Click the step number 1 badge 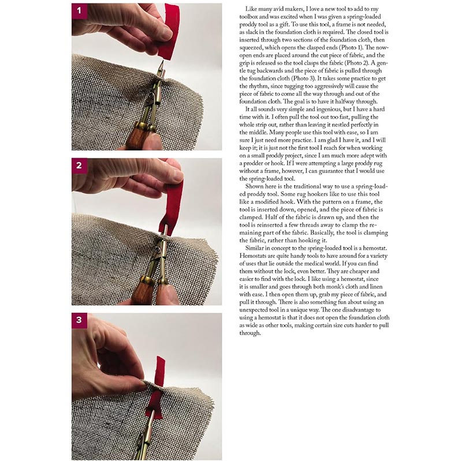(79, 11)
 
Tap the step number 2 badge (79, 166)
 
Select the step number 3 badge (79, 320)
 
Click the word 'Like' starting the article (251, 9)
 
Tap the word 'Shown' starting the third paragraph (253, 186)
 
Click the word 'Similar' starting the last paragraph (254, 248)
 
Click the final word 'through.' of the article (250, 333)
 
